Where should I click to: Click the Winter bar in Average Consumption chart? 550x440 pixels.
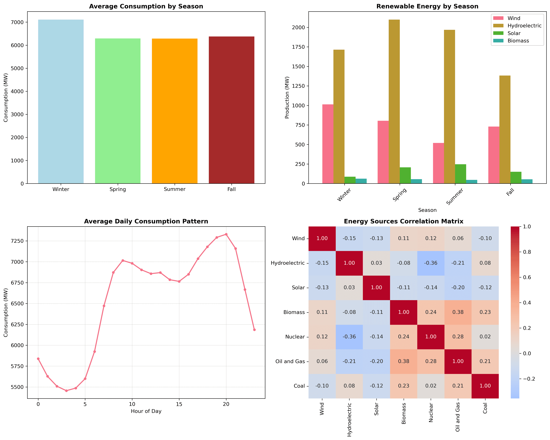(61, 102)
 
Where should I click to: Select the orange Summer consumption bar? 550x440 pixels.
(174, 111)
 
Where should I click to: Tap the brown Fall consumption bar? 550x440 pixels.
(231, 110)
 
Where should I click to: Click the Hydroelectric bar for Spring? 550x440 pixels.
(394, 102)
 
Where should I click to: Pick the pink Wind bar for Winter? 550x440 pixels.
(328, 144)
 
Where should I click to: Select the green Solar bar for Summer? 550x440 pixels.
(460, 174)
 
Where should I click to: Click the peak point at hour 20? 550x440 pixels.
(226, 234)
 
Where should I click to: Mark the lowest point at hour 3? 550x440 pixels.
(66, 391)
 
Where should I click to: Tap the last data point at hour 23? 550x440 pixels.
(254, 330)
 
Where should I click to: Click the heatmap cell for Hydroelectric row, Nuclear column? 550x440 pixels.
(431, 263)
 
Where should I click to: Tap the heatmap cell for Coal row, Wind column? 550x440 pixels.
(322, 386)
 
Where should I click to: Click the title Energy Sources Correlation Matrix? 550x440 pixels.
(404, 221)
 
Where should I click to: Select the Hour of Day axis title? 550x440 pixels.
(146, 411)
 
